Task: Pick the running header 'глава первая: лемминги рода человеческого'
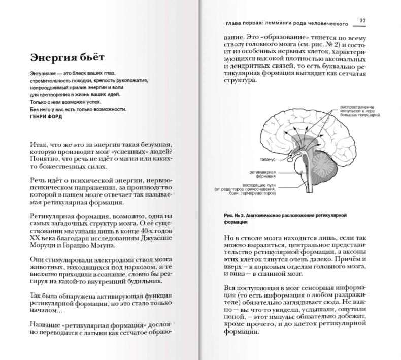tap(286, 23)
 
